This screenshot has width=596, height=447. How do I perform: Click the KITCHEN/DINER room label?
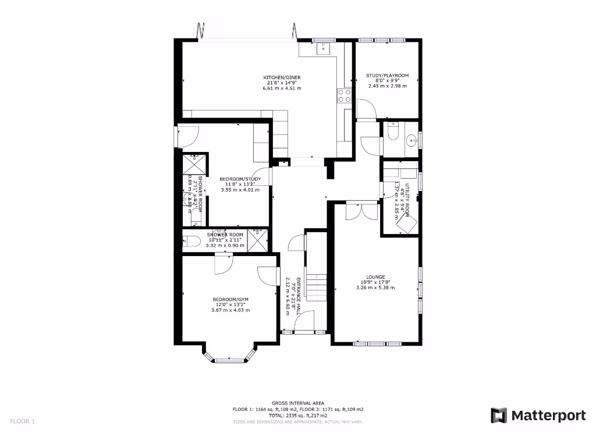click(x=282, y=77)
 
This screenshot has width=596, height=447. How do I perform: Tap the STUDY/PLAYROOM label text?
click(x=387, y=75)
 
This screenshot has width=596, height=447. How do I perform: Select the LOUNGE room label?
click(x=375, y=277)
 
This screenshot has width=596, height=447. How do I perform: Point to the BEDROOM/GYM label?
click(x=230, y=299)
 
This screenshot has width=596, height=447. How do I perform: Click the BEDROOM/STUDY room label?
click(x=240, y=179)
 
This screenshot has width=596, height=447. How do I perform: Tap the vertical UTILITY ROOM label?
click(x=408, y=198)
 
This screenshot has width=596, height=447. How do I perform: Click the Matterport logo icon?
click(x=499, y=415)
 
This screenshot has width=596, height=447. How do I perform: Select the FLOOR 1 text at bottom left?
click(x=23, y=421)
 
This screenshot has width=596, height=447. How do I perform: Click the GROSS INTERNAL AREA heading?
click(x=298, y=403)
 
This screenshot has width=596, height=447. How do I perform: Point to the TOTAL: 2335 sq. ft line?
click(x=298, y=416)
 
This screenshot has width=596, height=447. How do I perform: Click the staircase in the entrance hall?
click(x=316, y=286)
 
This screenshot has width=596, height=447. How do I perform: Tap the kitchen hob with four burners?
click(x=344, y=95)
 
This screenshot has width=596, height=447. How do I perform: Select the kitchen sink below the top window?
click(x=322, y=49)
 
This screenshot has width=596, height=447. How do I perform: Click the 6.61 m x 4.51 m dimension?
click(x=282, y=88)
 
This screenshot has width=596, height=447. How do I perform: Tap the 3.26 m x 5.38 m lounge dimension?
click(x=375, y=288)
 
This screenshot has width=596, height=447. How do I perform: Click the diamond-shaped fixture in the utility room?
click(x=406, y=222)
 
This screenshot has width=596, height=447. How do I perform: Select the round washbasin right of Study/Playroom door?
click(x=412, y=140)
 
